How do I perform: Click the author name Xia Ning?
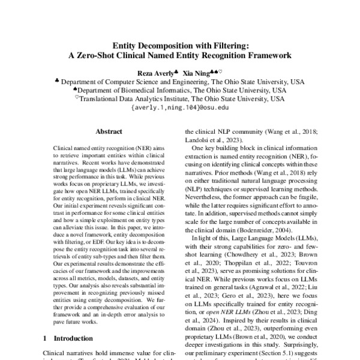(199, 71)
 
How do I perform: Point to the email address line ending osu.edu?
(179, 109)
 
